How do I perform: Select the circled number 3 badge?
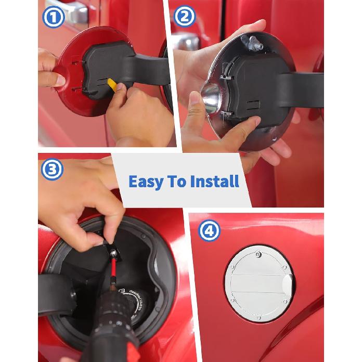tap(52, 170)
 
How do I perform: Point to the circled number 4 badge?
tap(209, 230)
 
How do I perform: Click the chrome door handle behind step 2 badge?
tap(187, 42)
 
